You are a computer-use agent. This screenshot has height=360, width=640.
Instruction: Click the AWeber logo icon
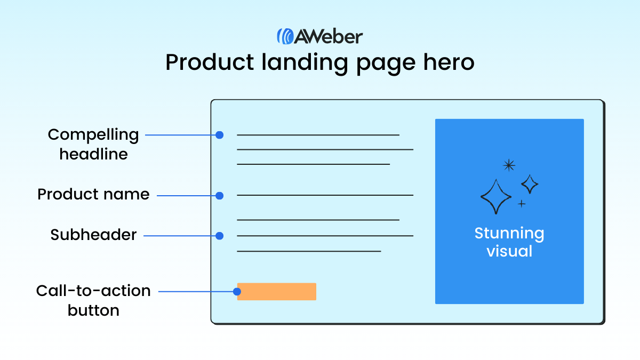pos(285,36)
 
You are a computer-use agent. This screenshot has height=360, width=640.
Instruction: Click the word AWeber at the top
pos(329,36)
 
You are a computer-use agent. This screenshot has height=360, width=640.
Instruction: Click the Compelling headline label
pos(93,145)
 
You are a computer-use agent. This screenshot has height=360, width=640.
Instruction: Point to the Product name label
pos(93,194)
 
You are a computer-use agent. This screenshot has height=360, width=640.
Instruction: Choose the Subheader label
pos(94,235)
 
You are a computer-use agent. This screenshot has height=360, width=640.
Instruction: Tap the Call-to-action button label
pos(93,300)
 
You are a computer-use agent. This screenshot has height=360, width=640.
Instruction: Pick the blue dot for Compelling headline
pos(219,135)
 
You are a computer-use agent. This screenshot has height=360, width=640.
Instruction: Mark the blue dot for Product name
pos(219,196)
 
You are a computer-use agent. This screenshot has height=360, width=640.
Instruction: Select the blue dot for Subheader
pos(219,236)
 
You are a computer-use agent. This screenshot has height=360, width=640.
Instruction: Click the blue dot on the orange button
pos(237,292)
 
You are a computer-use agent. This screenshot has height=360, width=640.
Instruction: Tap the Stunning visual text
pos(509,242)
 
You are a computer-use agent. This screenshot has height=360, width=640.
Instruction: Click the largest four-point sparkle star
pos(496,197)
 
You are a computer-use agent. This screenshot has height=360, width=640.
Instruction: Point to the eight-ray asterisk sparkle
pos(509,165)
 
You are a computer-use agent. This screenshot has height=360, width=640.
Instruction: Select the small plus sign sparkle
pos(522,204)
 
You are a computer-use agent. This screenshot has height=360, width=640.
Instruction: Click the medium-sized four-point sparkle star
pos(530,184)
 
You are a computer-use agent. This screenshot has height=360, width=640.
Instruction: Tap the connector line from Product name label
pos(187,196)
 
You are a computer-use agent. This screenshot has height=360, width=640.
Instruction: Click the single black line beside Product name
pos(325,195)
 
